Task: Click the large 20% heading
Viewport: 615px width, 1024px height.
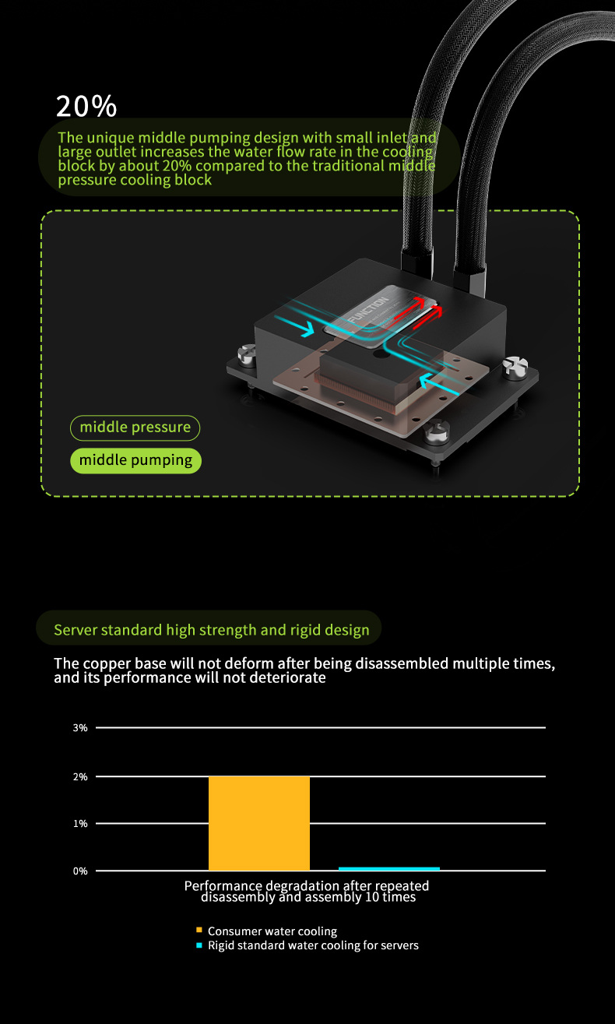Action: pyautogui.click(x=86, y=106)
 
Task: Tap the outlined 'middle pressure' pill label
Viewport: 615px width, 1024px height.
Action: pyautogui.click(x=135, y=428)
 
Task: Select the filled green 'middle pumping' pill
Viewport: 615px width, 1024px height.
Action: pyautogui.click(x=135, y=460)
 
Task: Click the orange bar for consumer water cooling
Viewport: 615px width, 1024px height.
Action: pyautogui.click(x=259, y=823)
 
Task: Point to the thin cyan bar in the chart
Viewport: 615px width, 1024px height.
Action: pyautogui.click(x=389, y=868)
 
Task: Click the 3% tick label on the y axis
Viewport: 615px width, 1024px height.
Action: pyautogui.click(x=80, y=728)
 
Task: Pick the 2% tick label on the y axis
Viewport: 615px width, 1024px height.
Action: pyautogui.click(x=80, y=776)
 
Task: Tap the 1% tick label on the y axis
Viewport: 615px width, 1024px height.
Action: pyautogui.click(x=80, y=824)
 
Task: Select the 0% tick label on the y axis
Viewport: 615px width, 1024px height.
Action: pyautogui.click(x=80, y=871)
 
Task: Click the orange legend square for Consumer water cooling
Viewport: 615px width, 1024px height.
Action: pyautogui.click(x=199, y=930)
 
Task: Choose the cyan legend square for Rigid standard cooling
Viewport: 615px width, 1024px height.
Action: pyautogui.click(x=199, y=945)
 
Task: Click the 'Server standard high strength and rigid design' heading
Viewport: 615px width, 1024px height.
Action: pyautogui.click(x=212, y=630)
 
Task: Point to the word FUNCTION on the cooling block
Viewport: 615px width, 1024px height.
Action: pyautogui.click(x=367, y=310)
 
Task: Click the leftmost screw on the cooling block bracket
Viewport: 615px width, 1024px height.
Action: pyautogui.click(x=248, y=355)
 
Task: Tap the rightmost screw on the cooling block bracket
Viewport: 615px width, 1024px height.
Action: pyautogui.click(x=515, y=367)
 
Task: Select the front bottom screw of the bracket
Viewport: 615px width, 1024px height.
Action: pyautogui.click(x=437, y=431)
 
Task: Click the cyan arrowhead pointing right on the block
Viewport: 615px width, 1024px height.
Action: pyautogui.click(x=309, y=329)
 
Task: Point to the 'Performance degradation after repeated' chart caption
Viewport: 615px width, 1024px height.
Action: pyautogui.click(x=307, y=885)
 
